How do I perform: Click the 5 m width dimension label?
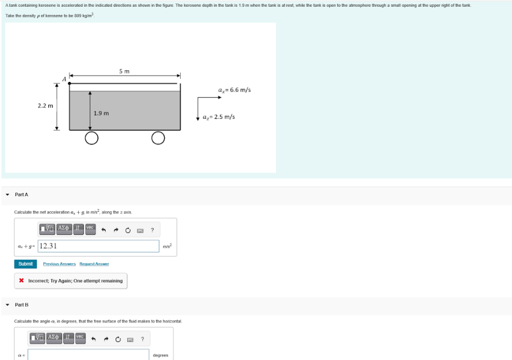click(x=124, y=71)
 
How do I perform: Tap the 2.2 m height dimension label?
click(x=45, y=106)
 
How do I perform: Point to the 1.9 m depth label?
click(x=101, y=113)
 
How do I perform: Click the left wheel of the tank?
click(x=91, y=138)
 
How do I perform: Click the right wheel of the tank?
click(x=158, y=138)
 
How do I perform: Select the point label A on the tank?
click(x=64, y=78)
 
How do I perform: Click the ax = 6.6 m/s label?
click(x=234, y=90)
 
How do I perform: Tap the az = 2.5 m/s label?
click(x=219, y=117)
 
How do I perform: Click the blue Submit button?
click(x=25, y=264)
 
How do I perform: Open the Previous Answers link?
click(x=59, y=264)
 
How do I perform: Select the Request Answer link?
click(x=94, y=264)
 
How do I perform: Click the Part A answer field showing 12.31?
click(x=98, y=246)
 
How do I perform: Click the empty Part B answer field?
click(x=88, y=355)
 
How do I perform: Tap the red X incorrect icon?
click(x=21, y=281)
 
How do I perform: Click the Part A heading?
click(x=22, y=194)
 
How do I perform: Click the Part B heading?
click(x=22, y=305)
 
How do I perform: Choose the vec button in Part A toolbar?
click(x=90, y=228)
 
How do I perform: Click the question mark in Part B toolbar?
click(x=142, y=338)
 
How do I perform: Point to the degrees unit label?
click(x=160, y=355)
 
